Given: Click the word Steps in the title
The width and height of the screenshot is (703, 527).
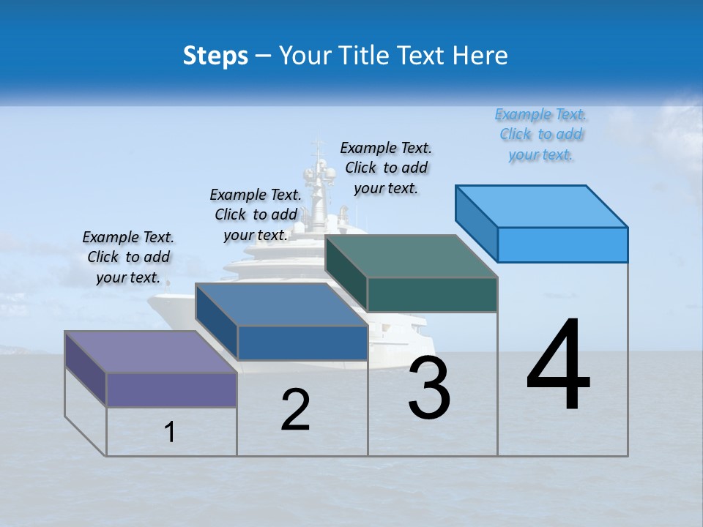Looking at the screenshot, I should (x=215, y=56).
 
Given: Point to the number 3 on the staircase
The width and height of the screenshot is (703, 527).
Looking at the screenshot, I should (x=429, y=387).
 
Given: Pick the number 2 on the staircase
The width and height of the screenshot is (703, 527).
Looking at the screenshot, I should (x=295, y=409).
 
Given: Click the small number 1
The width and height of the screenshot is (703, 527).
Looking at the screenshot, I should (x=170, y=433).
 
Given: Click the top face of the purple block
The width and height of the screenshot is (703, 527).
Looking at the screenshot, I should (x=151, y=352).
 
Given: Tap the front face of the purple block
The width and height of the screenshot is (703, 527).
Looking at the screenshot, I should (x=171, y=389).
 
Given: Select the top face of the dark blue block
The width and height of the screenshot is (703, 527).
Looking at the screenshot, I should (x=282, y=304).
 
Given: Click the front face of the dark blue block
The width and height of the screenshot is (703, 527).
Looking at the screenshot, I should (x=302, y=343).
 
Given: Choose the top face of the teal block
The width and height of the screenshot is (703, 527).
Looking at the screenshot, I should (x=412, y=256).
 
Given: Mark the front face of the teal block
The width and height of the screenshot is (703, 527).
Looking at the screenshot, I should (x=432, y=294).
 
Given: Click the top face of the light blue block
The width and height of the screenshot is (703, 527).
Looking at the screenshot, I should (x=542, y=206).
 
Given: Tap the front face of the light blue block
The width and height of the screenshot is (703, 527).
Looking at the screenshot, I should (x=562, y=244).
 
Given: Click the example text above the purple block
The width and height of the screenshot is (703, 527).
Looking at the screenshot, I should (x=128, y=257).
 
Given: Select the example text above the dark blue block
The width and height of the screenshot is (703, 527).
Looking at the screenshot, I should (x=256, y=214).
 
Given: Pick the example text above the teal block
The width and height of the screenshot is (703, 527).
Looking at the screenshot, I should (x=386, y=168).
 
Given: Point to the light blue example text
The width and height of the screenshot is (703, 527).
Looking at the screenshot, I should (x=541, y=134).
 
